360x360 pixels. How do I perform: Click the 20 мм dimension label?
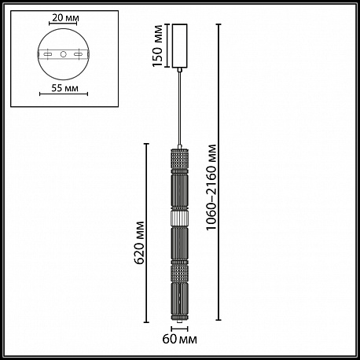click(65, 18)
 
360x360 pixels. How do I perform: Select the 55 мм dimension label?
click(64, 88)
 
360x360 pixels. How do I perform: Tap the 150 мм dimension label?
click(158, 46)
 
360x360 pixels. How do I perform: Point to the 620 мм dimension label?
click(138, 243)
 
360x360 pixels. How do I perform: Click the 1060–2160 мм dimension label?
click(211, 187)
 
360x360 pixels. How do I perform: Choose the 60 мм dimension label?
click(180, 340)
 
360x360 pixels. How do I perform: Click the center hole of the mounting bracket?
click(63, 54)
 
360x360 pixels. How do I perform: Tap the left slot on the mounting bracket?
click(48, 54)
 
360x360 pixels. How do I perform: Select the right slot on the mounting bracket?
click(79, 54)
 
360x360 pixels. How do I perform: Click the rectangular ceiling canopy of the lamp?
click(179, 46)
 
